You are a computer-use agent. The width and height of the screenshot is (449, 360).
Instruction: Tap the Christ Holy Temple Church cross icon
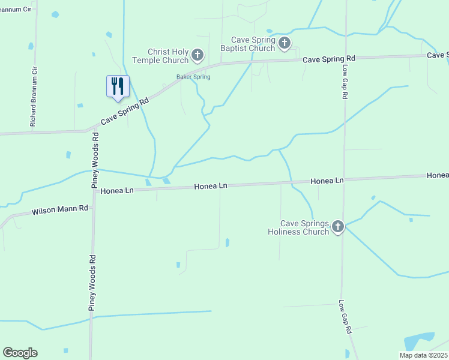[197, 56]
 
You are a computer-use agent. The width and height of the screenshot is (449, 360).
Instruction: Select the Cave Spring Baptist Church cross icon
[285, 43]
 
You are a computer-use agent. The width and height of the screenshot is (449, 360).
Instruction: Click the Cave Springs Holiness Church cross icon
[338, 226]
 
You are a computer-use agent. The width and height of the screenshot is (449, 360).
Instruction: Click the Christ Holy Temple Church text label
[160, 56]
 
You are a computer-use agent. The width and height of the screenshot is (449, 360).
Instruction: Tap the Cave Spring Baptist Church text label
[247, 44]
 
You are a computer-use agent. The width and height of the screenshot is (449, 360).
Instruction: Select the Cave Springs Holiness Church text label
[298, 227]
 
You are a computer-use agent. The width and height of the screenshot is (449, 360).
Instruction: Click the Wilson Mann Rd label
[60, 210]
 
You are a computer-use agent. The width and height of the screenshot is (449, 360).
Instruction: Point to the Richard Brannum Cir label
[34, 96]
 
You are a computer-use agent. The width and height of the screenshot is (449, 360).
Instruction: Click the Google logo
[20, 353]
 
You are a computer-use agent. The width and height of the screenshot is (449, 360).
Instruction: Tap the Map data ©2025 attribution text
[423, 355]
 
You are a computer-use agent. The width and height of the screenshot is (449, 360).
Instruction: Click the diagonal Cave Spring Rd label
[125, 112]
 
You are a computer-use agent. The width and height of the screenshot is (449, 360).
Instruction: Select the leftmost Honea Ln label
[116, 191]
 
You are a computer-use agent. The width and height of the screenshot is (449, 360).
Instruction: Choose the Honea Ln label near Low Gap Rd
[327, 181]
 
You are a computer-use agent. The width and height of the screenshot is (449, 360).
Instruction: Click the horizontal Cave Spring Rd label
[329, 59]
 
